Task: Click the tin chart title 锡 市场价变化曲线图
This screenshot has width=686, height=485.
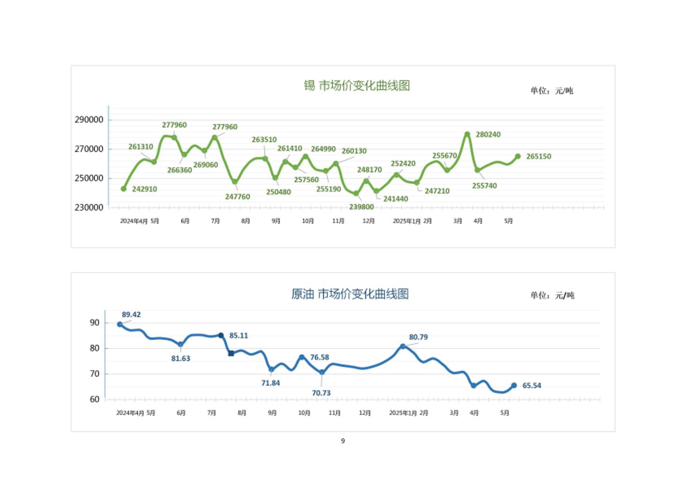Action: pyautogui.click(x=357, y=85)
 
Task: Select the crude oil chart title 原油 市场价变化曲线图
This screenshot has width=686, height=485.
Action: pyautogui.click(x=350, y=294)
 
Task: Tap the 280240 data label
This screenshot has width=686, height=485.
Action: pyautogui.click(x=488, y=135)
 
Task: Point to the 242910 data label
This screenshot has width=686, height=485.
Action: pyautogui.click(x=144, y=189)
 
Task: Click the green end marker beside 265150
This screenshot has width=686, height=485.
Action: pyautogui.click(x=518, y=156)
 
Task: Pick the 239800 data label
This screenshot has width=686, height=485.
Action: pyautogui.click(x=361, y=207)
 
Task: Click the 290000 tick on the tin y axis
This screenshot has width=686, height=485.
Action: pyautogui.click(x=89, y=120)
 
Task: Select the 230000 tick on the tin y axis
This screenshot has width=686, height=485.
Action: pyautogui.click(x=89, y=207)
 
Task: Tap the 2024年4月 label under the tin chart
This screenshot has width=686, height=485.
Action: pyautogui.click(x=134, y=221)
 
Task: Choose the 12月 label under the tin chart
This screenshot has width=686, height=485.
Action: pyautogui.click(x=368, y=221)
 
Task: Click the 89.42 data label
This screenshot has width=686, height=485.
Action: pyautogui.click(x=131, y=315)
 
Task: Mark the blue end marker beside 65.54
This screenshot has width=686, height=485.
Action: pyautogui.click(x=514, y=386)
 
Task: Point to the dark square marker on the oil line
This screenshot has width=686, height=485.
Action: pyautogui.click(x=231, y=354)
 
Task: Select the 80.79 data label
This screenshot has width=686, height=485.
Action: pyautogui.click(x=418, y=337)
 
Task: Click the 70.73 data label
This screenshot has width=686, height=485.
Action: pyautogui.click(x=321, y=393)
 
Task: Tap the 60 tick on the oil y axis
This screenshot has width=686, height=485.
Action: pyautogui.click(x=95, y=399)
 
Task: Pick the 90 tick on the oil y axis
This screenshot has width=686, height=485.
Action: pyautogui.click(x=95, y=323)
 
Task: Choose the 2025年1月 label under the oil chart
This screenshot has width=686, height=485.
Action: pyautogui.click(x=403, y=413)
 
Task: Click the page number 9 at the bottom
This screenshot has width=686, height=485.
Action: pyautogui.click(x=343, y=441)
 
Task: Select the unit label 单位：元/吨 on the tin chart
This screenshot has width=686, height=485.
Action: pyautogui.click(x=552, y=91)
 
